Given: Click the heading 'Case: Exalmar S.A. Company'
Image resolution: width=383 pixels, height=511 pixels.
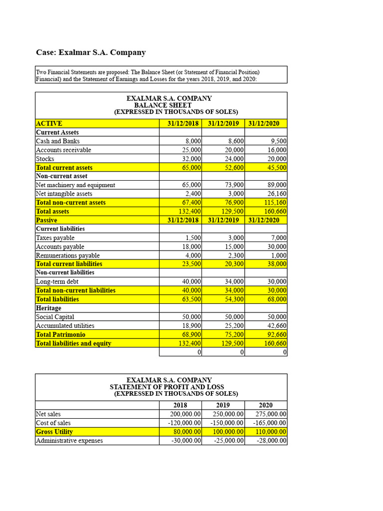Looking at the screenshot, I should pyautogui.click(x=91, y=52).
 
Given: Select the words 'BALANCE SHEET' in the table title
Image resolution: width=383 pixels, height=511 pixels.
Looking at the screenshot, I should pyautogui.click(x=163, y=105).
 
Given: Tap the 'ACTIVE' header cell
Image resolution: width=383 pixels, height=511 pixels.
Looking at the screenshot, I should pyautogui.click(x=49, y=123).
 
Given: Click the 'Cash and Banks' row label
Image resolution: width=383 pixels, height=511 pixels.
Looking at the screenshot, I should pyautogui.click(x=58, y=141).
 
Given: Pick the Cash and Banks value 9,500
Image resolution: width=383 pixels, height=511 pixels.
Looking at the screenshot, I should pyautogui.click(x=277, y=141).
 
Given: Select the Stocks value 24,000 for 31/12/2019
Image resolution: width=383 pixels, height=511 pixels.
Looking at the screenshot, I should pyautogui.click(x=234, y=159).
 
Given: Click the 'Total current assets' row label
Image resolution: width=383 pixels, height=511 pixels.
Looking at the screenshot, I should pyautogui.click(x=64, y=168).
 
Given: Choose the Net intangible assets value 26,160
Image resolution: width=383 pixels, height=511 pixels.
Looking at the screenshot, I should pyautogui.click(x=276, y=194).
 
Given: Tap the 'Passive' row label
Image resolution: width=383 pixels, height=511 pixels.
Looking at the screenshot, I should pyautogui.click(x=46, y=220).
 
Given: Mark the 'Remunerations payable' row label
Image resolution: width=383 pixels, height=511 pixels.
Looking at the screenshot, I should pyautogui.click(x=67, y=255).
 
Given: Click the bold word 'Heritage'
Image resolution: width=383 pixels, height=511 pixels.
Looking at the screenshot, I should pyautogui.click(x=49, y=308).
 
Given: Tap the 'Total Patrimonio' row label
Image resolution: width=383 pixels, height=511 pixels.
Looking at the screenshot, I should pyautogui.click(x=61, y=334).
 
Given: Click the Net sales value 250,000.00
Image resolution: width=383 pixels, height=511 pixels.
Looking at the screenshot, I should pyautogui.click(x=225, y=414).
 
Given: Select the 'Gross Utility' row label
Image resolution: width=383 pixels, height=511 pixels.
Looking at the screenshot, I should pyautogui.click(x=54, y=432).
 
